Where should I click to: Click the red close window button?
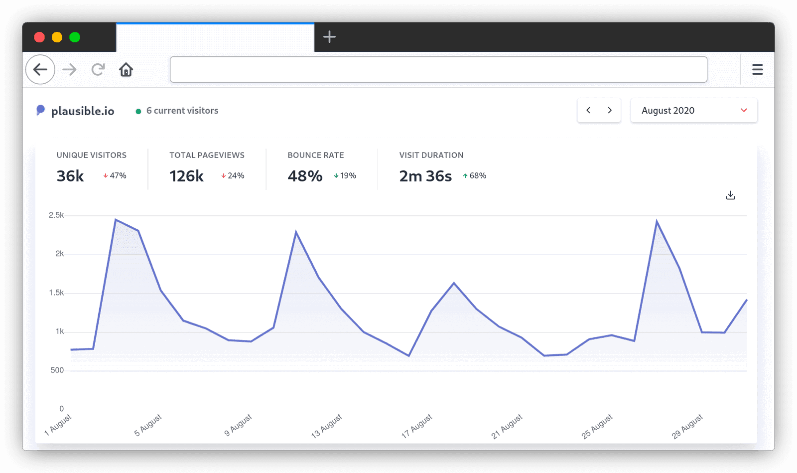[x=39, y=37]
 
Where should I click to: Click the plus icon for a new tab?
[x=329, y=37]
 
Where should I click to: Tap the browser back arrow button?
[x=40, y=70]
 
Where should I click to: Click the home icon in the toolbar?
[x=126, y=70]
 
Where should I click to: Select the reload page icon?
[x=98, y=70]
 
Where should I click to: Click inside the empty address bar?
[x=438, y=70]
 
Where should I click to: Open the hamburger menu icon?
[x=757, y=70]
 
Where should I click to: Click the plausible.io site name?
[x=83, y=111]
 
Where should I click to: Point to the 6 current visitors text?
[x=182, y=111]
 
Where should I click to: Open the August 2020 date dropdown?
[x=693, y=111]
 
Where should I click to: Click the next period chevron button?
[x=610, y=111]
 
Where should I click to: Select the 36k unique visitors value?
[x=70, y=176]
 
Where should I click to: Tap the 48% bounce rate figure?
[x=305, y=176]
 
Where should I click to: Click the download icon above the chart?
[x=730, y=195]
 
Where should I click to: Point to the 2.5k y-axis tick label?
[x=56, y=215]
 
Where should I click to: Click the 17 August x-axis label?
[x=417, y=426]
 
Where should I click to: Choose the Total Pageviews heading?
[x=207, y=155]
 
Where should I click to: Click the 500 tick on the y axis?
[x=57, y=370]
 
